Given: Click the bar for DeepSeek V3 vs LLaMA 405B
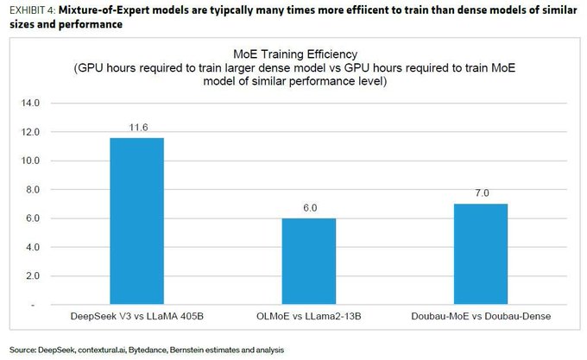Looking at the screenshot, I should tap(136, 221).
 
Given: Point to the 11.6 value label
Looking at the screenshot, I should tap(136, 127).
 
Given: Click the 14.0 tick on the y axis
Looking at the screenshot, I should tap(30, 104).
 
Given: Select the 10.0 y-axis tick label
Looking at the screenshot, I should tap(30, 161).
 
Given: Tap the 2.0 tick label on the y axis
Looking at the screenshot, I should tap(32, 275).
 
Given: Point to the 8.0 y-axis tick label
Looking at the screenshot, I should tap(32, 189).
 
